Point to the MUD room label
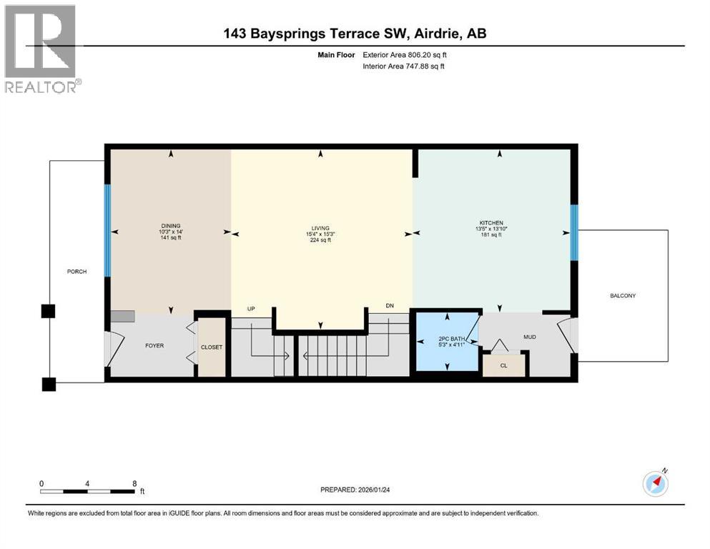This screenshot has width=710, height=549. click(x=529, y=337)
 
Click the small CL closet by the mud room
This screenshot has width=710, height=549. click(x=503, y=365)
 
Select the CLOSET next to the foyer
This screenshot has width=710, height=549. click(x=211, y=347)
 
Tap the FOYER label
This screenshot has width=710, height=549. click(x=154, y=346)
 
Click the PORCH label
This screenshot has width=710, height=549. click(x=77, y=271)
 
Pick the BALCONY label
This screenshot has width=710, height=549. click(x=622, y=295)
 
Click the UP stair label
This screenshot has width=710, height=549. click(x=251, y=309)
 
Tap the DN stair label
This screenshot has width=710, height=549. click(x=390, y=306)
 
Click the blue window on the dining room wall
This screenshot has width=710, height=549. click(x=108, y=230)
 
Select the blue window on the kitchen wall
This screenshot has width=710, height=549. click(x=573, y=232)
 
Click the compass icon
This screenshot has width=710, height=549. click(x=656, y=484)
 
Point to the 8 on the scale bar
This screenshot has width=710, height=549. click(x=134, y=483)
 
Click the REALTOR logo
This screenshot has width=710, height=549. click(x=41, y=49)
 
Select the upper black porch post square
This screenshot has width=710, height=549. click(x=48, y=311)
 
